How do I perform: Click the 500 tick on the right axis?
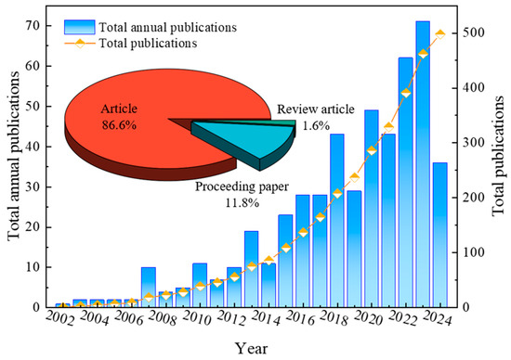(474, 33)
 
